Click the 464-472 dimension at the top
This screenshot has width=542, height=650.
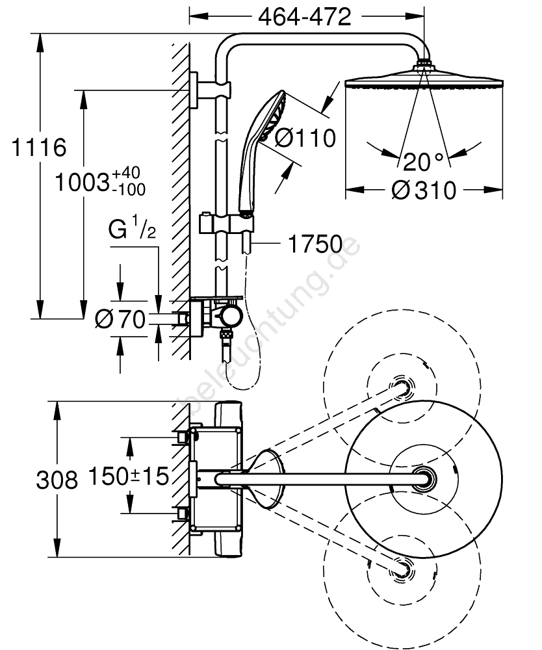click(305, 16)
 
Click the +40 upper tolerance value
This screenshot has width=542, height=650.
click(126, 174)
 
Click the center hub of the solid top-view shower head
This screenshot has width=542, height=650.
click(426, 479)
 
